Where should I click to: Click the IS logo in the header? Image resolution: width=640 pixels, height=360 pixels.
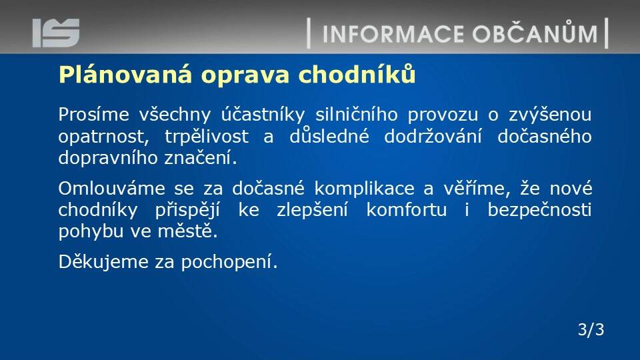[56, 33]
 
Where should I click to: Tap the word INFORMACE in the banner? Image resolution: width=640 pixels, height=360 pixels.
[393, 34]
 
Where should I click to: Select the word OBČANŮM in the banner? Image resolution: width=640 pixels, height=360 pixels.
[535, 32]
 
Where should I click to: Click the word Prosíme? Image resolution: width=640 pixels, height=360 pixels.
[93, 114]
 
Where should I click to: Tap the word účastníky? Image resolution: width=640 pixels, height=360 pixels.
[263, 115]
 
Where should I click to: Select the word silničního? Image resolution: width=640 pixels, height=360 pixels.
[357, 114]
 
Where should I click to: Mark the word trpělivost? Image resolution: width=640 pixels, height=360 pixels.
[207, 137]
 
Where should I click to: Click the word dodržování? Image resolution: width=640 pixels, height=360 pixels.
[433, 136]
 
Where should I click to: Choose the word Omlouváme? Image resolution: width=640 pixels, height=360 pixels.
[112, 189]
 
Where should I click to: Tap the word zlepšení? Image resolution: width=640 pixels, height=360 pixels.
[312, 211]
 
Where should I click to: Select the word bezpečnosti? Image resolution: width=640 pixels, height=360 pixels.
[539, 210]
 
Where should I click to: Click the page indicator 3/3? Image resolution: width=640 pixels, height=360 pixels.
[591, 329]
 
